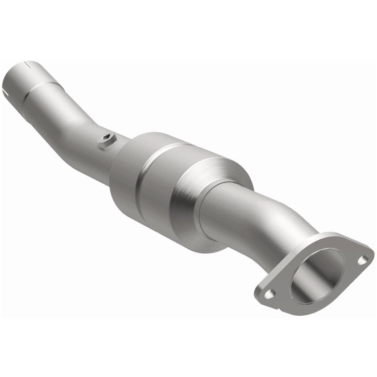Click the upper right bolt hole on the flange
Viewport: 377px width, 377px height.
(x=362, y=259)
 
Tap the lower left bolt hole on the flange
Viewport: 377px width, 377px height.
(x=269, y=294)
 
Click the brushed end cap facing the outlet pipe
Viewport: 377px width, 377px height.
(x=220, y=173)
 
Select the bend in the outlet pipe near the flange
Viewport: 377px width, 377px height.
(x=293, y=220)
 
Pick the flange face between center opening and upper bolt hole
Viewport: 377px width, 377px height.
(x=348, y=262)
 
